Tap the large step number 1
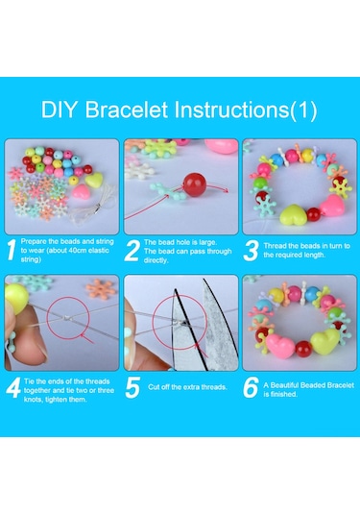(x=12, y=250)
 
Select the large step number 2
(x=132, y=251)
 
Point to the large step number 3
(x=251, y=251)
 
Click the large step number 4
(x=13, y=387)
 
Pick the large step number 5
(x=132, y=387)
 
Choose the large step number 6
(x=251, y=387)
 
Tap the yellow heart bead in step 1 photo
(x=94, y=180)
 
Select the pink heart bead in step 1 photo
(x=82, y=191)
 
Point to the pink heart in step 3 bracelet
(x=331, y=206)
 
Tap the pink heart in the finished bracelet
(x=280, y=346)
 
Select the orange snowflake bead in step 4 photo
(x=101, y=289)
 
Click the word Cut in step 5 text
(x=154, y=387)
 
